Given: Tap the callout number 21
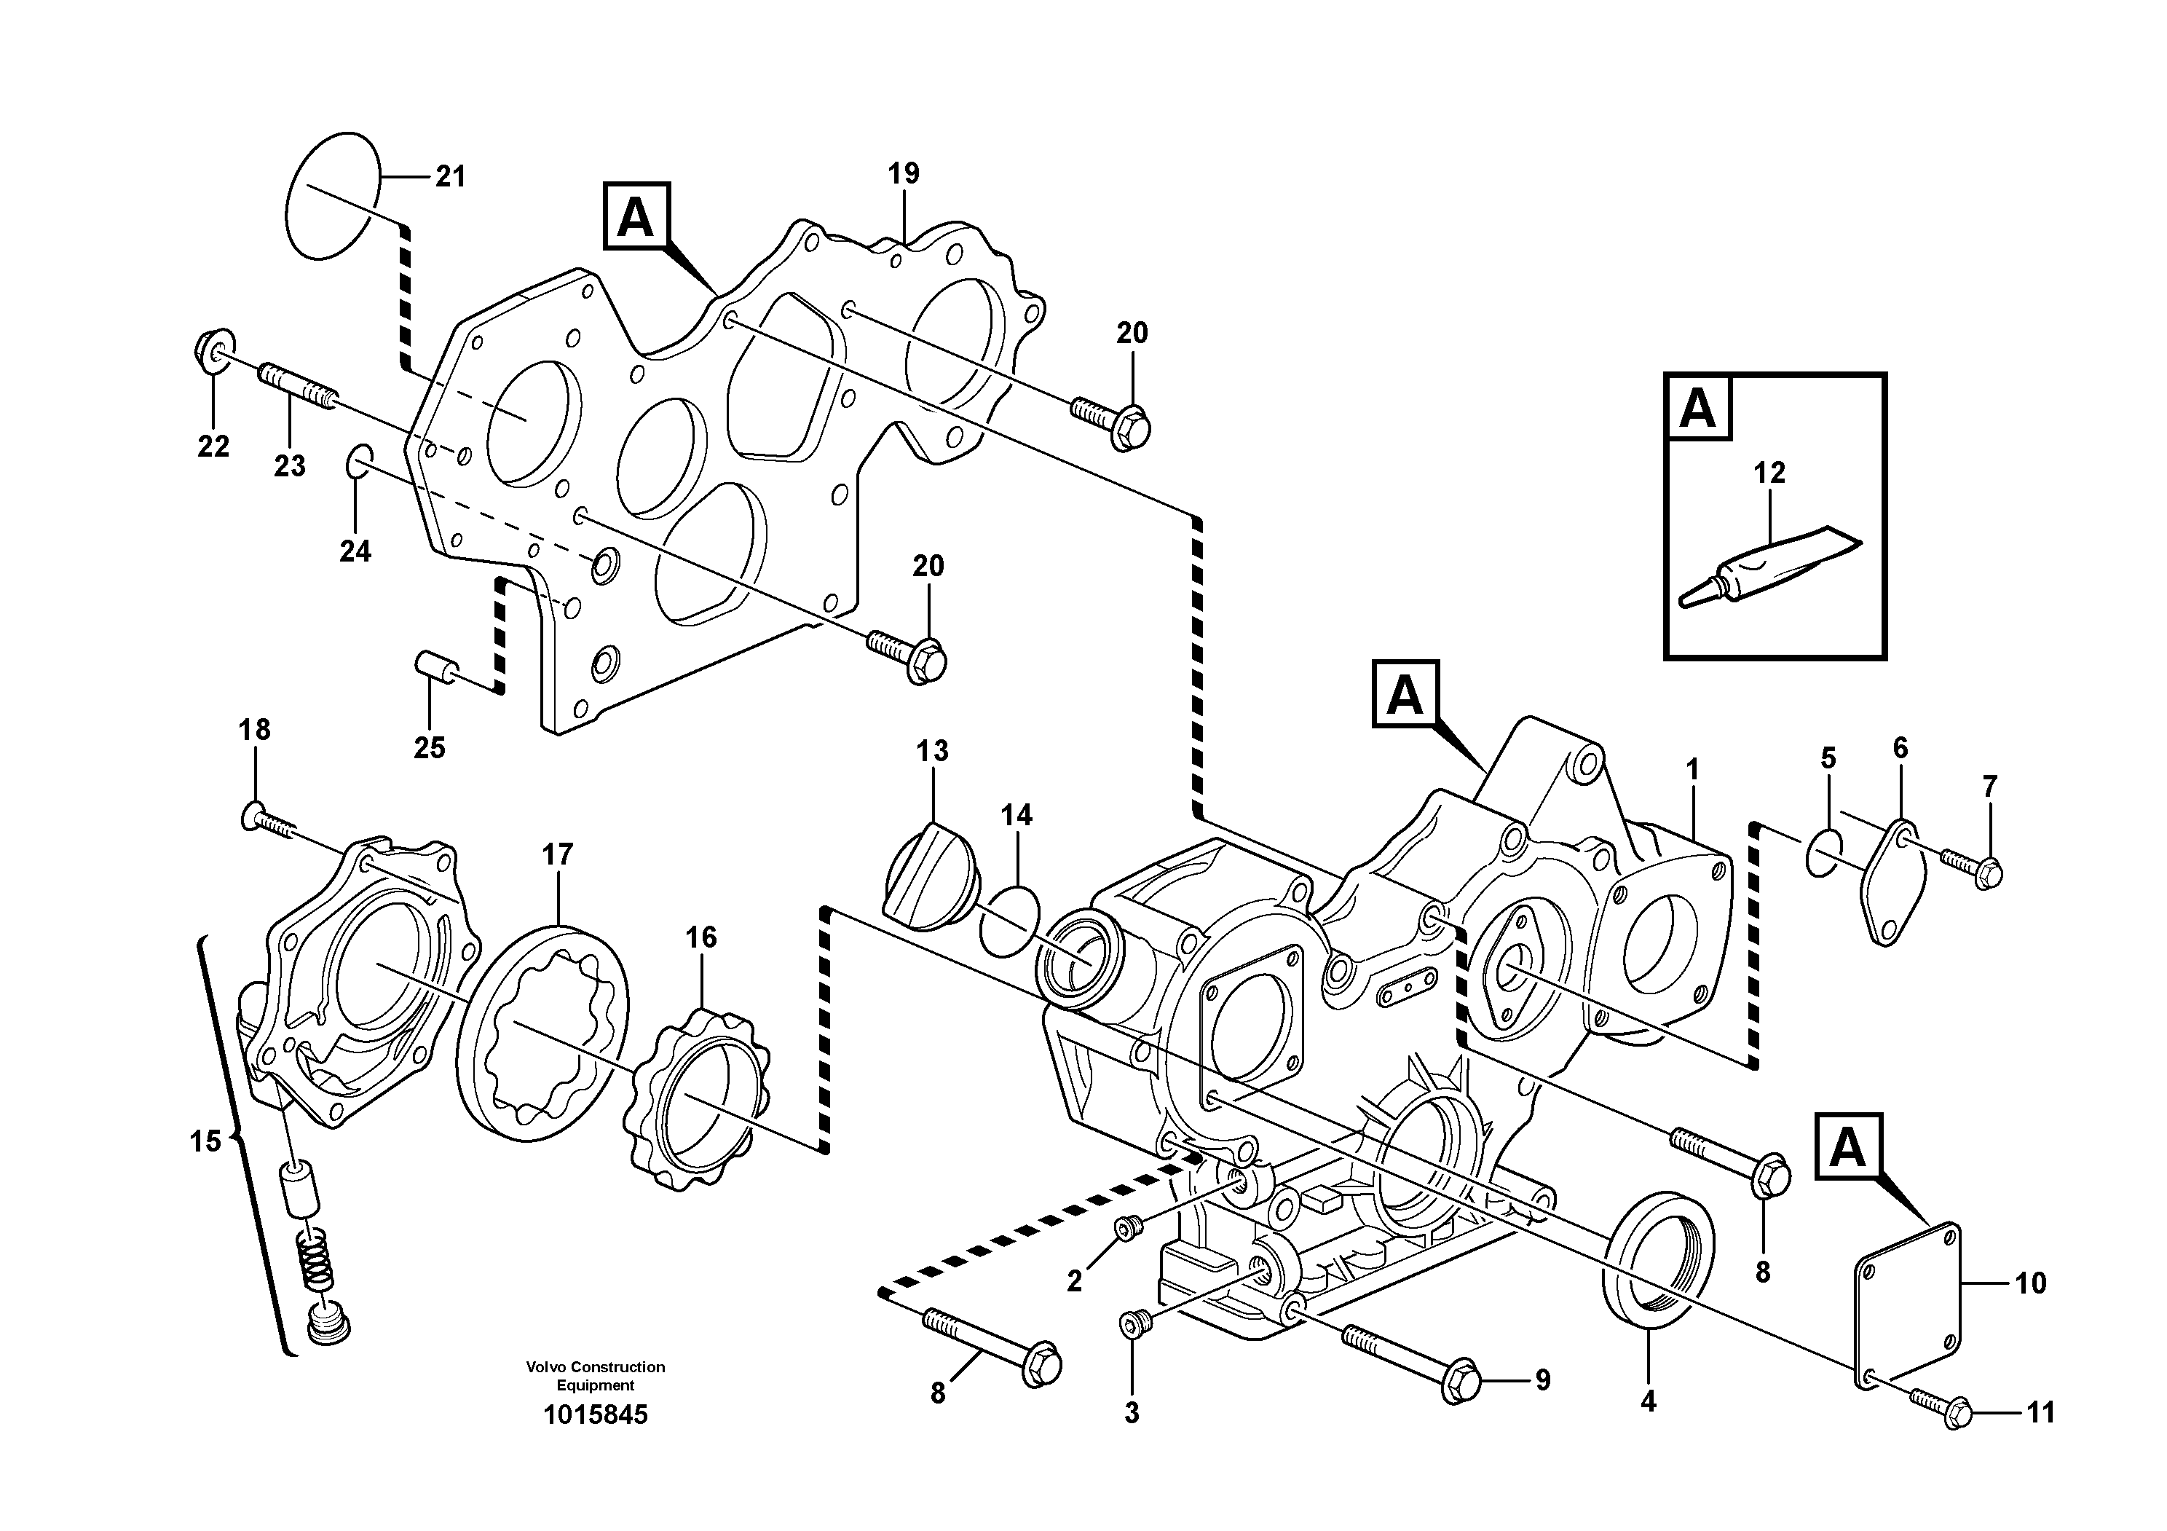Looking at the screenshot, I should coord(450,176).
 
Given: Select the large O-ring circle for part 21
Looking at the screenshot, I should coord(332,195).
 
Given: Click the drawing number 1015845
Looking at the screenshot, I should coord(595,1415).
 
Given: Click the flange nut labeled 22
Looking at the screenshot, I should coord(214,351).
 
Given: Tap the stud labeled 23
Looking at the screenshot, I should coord(296,387).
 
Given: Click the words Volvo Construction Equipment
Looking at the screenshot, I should coord(595,1375).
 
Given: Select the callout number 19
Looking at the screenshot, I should coord(902,173).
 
